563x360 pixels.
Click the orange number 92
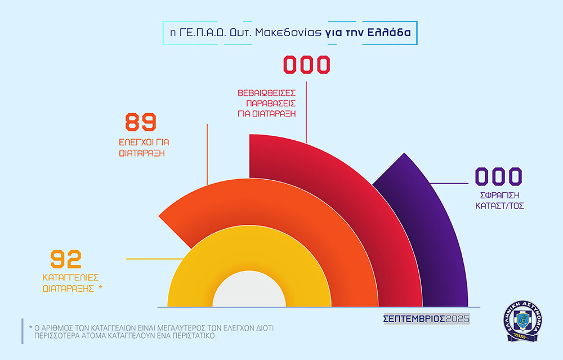click(66, 259)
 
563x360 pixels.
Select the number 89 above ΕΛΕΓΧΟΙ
click(140, 122)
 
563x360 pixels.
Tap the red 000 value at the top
click(306, 65)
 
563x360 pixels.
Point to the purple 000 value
click(499, 177)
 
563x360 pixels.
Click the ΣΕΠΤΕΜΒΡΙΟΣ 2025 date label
click(426, 319)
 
